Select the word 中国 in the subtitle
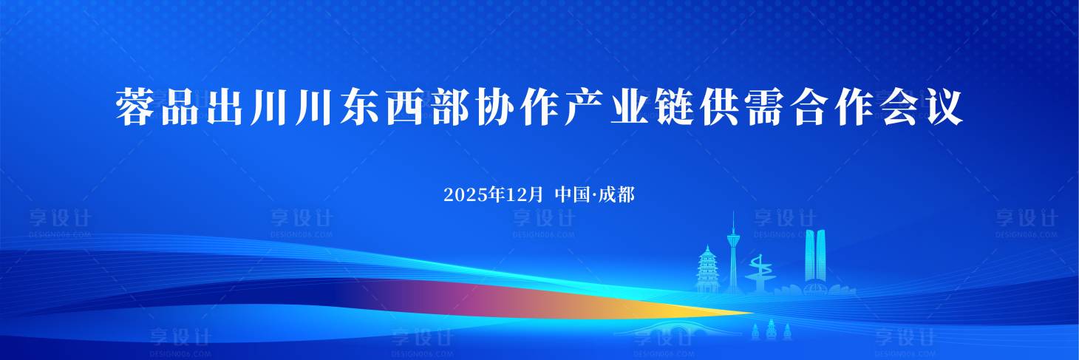[571, 195]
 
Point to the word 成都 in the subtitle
[617, 195]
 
